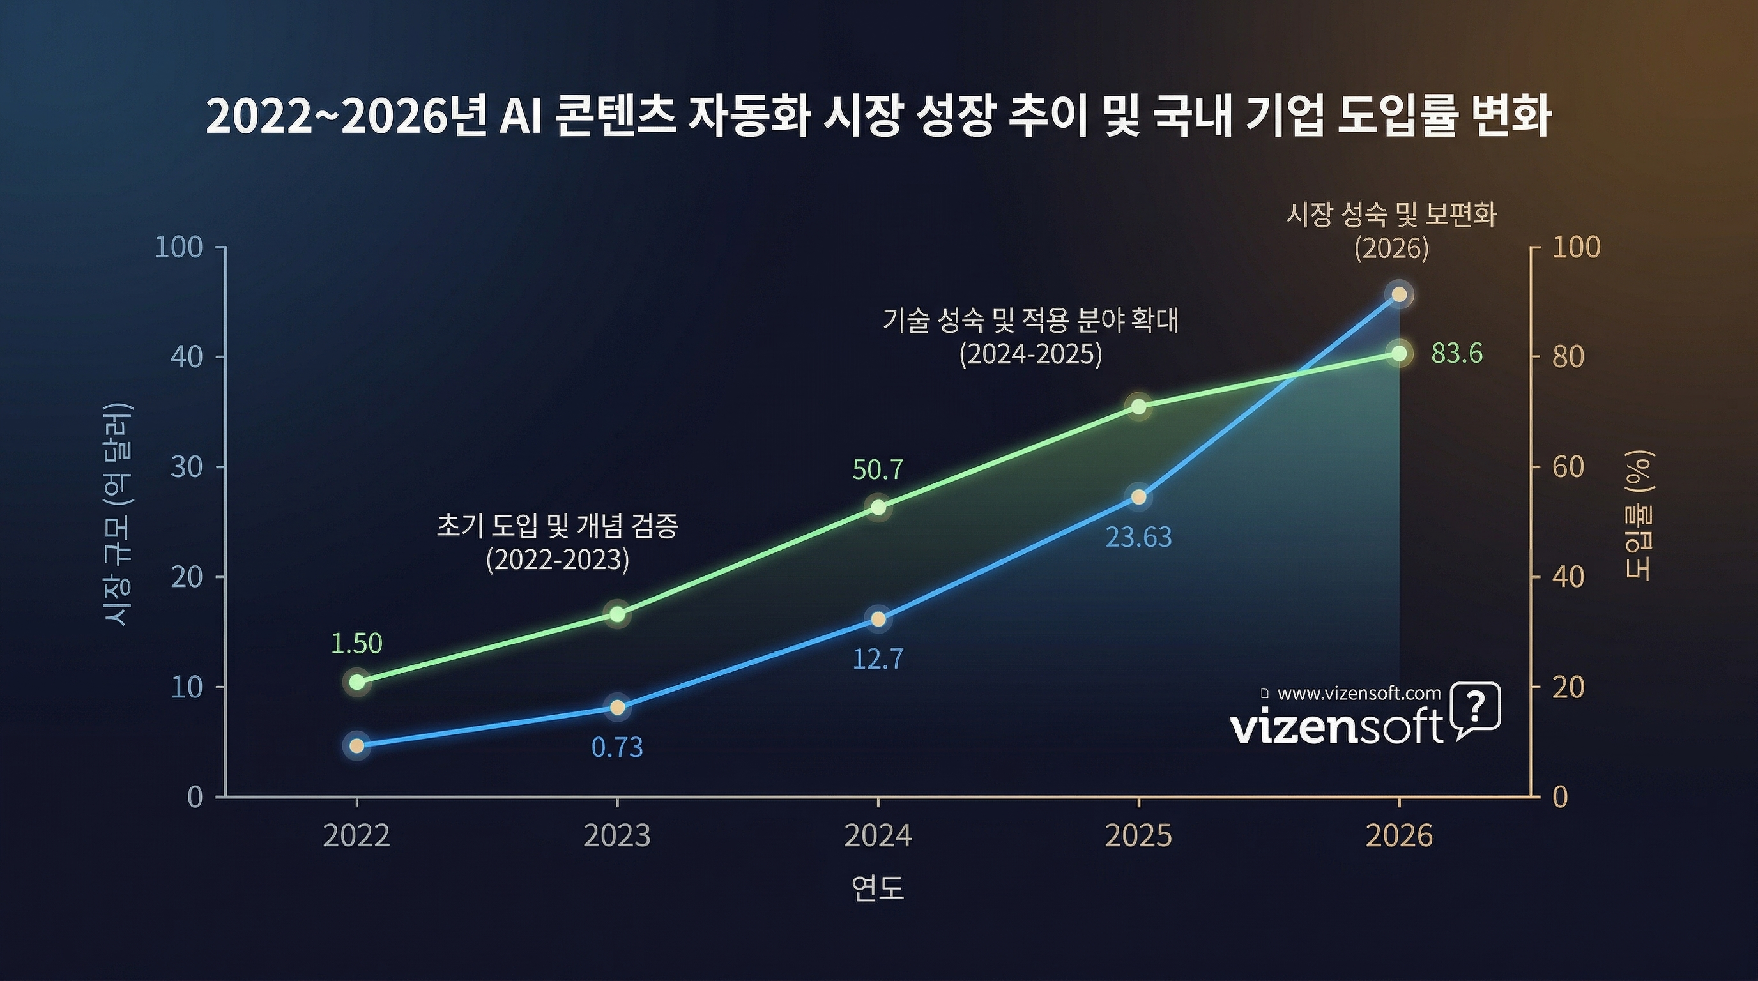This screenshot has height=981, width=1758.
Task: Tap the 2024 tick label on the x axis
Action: (x=878, y=835)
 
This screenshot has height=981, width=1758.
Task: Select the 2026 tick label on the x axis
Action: (x=1399, y=835)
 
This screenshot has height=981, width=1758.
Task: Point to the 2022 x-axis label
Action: (x=356, y=835)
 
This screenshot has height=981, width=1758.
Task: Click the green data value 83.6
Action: (x=1456, y=354)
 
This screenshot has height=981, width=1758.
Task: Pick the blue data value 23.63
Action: (x=1138, y=538)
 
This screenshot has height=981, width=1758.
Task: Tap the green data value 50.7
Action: (x=878, y=470)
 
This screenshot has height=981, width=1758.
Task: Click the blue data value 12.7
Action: (x=878, y=659)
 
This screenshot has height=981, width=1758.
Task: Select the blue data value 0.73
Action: (x=617, y=748)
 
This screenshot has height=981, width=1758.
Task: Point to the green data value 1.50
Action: (x=356, y=643)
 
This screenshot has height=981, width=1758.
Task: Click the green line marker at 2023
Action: (x=618, y=614)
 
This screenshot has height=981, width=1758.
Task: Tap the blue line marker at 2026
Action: (x=1398, y=294)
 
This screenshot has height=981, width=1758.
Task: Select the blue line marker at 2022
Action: (x=356, y=745)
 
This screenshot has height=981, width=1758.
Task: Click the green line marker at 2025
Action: (x=1138, y=407)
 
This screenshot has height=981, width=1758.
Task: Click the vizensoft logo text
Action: (x=1336, y=727)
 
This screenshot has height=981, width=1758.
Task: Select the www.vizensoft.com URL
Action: (x=1358, y=694)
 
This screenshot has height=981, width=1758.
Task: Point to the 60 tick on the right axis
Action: (x=1568, y=468)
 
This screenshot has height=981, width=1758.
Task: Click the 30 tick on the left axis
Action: (x=187, y=468)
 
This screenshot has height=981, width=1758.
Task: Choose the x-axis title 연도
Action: (x=878, y=888)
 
